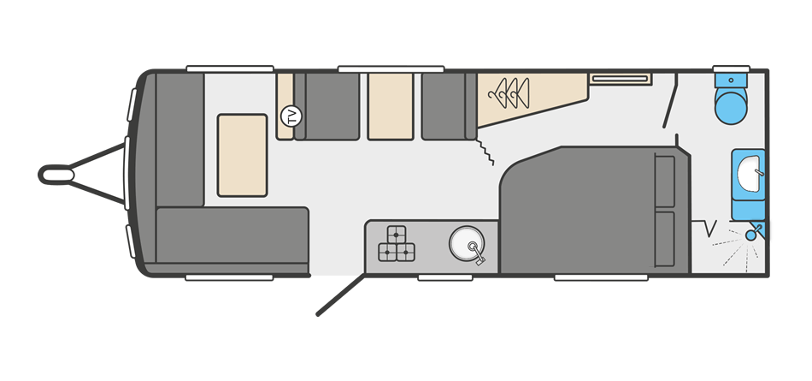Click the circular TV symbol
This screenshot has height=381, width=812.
291,116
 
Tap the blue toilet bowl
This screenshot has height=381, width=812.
731,105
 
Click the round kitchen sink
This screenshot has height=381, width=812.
467,242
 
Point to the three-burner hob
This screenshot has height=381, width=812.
397,243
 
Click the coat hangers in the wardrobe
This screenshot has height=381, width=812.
509,93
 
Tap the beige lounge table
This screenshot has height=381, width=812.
243,155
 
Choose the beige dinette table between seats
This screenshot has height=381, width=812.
391,106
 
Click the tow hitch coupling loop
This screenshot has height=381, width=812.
56,175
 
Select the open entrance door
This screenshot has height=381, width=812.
341,295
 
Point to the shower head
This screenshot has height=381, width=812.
754,233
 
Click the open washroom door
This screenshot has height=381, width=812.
670,100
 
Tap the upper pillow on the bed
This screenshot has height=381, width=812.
665,182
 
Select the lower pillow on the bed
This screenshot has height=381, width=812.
665,239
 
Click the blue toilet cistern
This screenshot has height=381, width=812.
731,80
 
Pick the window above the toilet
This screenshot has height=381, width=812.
731,68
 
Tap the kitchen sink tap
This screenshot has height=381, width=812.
476,252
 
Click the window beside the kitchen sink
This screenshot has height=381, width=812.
445,277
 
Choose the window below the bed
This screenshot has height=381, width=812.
601,277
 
